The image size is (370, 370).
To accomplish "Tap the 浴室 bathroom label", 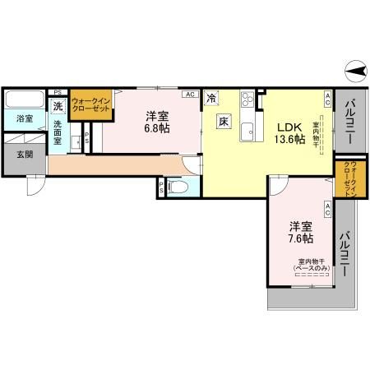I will point(25,118).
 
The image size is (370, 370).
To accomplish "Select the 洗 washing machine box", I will point(58,106).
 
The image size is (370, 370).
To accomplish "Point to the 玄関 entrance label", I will point(24,153).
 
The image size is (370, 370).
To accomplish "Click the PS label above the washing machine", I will point(57,92).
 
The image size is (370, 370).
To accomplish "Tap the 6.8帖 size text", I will point(159,129).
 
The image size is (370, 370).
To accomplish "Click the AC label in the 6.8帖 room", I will point(190,94).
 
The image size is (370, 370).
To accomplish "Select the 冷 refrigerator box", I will point(212,98).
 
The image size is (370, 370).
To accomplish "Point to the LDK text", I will point(289,127).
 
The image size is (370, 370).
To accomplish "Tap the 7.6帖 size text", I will point(300,238).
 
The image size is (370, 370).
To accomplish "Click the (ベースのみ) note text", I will point(311,268).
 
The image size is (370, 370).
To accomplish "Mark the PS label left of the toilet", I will point(160,187).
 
